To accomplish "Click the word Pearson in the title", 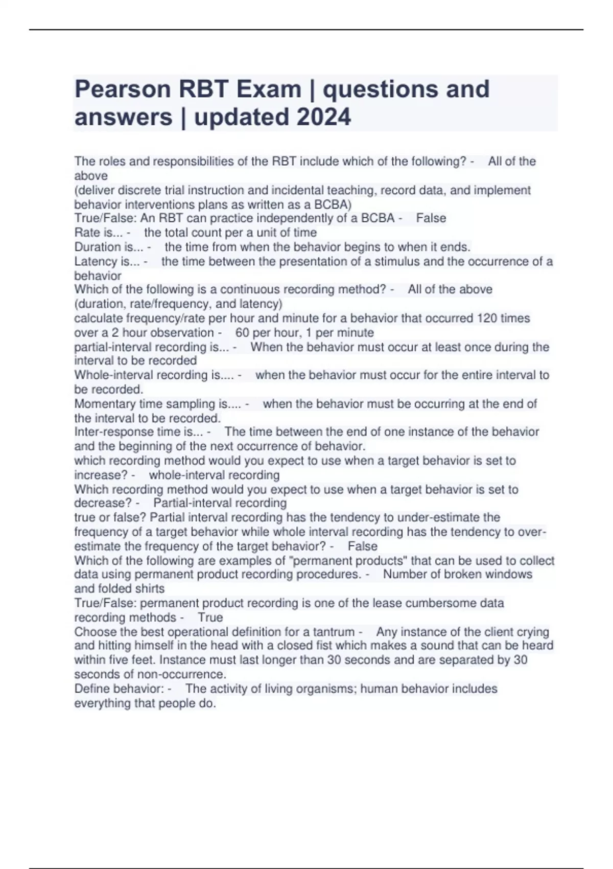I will click(x=123, y=89).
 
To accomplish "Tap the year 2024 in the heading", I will click(x=323, y=117).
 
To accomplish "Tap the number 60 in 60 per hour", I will click(x=242, y=333).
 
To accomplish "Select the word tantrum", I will click(x=335, y=632).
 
